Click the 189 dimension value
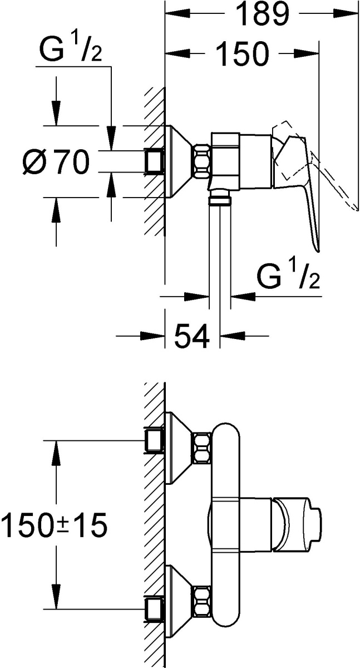click(262, 14)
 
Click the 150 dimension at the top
click(241, 54)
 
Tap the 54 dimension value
click(191, 336)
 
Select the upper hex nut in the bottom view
click(202, 448)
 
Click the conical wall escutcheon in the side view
click(179, 161)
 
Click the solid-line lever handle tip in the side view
click(318, 250)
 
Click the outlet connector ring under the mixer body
click(220, 200)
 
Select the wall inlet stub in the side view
click(154, 161)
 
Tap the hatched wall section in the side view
click(154, 161)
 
